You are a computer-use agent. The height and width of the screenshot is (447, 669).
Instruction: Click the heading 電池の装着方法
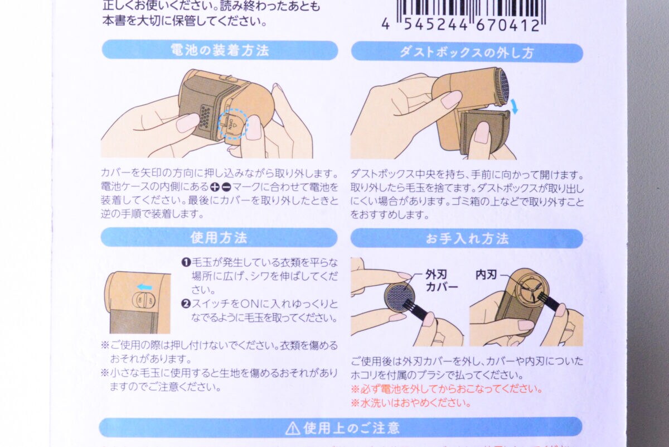tap(220, 50)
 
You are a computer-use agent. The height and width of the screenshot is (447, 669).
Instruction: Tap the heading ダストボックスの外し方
tap(467, 53)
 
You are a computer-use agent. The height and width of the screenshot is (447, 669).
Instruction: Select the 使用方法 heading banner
tap(219, 238)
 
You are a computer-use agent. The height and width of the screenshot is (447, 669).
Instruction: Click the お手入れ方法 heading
tap(467, 239)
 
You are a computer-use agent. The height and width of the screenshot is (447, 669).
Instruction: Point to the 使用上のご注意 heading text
tap(352, 428)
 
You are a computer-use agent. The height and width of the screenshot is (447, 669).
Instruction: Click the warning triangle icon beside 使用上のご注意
tap(292, 429)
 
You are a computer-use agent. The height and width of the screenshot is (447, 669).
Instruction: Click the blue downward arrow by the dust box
tap(513, 107)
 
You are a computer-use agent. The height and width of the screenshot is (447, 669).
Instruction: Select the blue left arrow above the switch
tap(144, 287)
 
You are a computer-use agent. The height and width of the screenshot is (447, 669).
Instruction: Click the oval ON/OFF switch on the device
tap(144, 300)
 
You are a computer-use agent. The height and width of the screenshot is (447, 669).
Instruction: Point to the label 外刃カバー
tap(441, 281)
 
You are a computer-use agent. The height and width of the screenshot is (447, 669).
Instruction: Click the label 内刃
tap(486, 275)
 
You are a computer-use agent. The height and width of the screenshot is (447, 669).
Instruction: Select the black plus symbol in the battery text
tap(215, 187)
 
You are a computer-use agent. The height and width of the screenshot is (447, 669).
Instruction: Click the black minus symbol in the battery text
tap(226, 187)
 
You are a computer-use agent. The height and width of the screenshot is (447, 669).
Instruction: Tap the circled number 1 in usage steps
tap(186, 263)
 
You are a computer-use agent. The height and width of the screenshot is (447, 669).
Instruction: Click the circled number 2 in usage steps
tap(186, 304)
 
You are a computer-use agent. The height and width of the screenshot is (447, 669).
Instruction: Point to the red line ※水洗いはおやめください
tap(411, 403)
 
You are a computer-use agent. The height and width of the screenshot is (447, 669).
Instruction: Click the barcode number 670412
tap(508, 25)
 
